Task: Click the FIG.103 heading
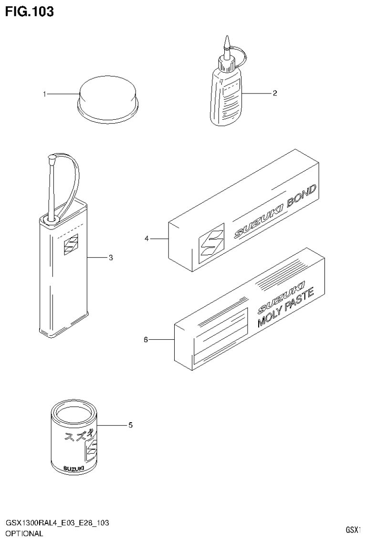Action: [x=29, y=11]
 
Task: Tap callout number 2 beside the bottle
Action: [x=275, y=93]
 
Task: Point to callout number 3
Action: [x=110, y=258]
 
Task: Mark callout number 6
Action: [x=146, y=340]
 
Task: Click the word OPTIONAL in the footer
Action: [x=24, y=533]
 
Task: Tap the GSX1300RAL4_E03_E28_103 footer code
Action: [x=57, y=523]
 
